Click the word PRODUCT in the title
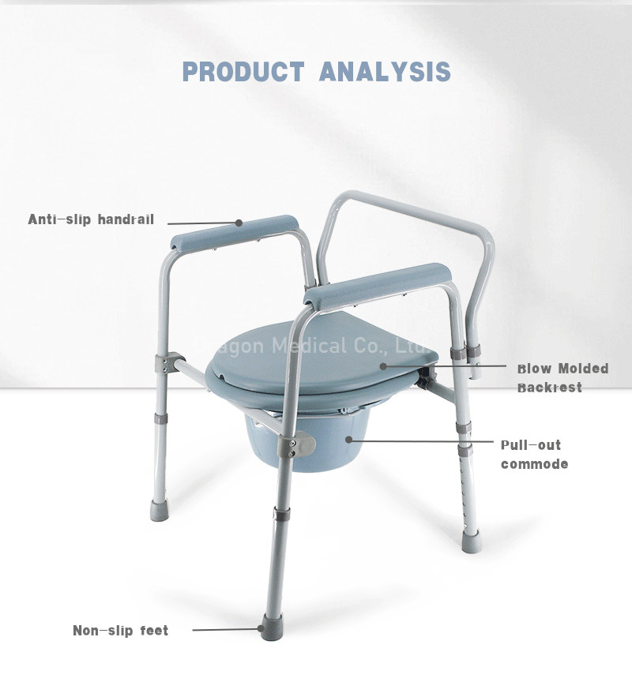(x=243, y=71)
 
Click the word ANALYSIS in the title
(x=386, y=71)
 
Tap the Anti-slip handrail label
(x=91, y=219)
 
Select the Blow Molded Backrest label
(x=562, y=378)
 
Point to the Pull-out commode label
(x=534, y=455)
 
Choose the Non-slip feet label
(x=120, y=631)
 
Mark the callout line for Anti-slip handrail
(x=201, y=223)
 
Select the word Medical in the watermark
(x=309, y=346)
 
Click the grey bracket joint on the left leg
(x=164, y=365)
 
